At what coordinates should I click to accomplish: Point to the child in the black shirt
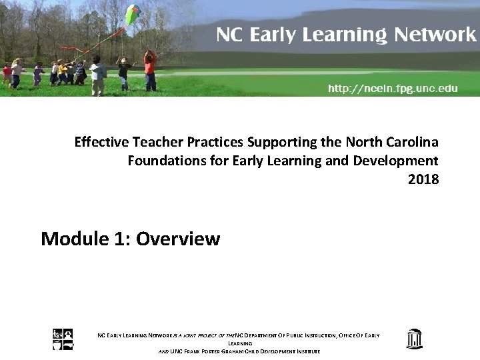click(123, 72)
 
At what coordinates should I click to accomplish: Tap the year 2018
click(423, 179)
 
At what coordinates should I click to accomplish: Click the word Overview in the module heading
click(177, 239)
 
